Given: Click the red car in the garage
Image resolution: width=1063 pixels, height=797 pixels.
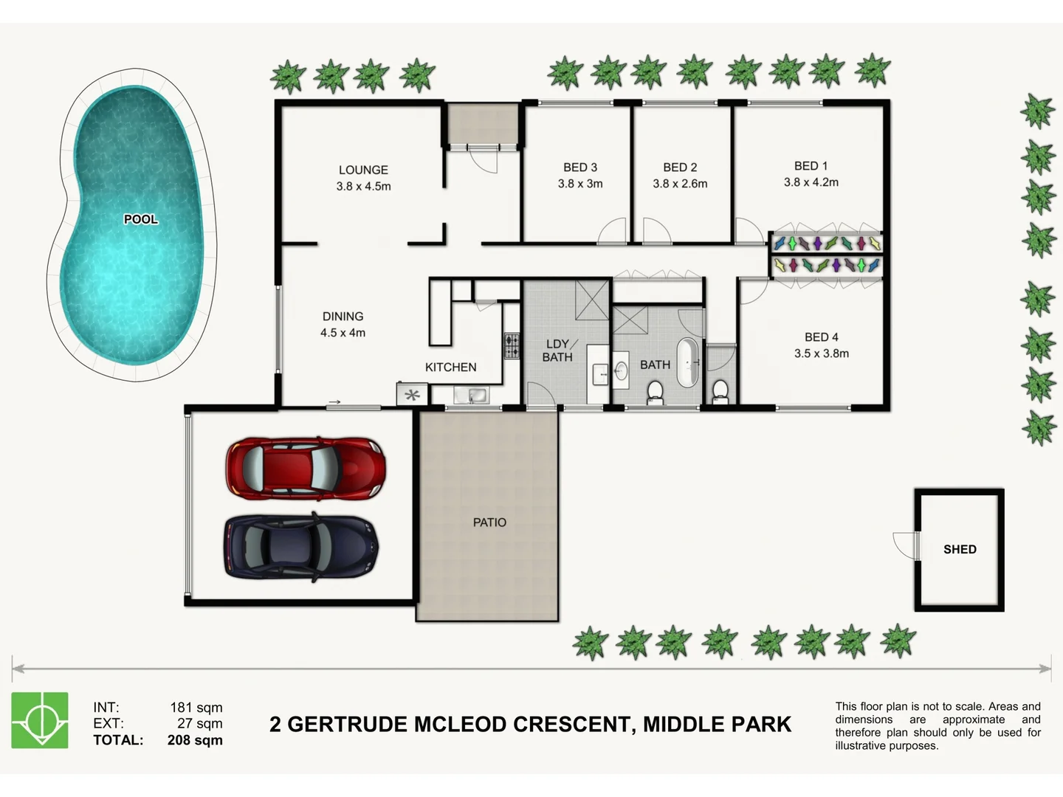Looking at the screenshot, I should point(305,467).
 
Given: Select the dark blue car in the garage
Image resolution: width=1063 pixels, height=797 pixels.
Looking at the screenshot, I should point(301,546).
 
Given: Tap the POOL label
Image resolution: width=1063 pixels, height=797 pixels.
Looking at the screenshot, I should point(140,219).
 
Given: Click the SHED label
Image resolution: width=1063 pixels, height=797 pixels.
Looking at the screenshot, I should point(960,549).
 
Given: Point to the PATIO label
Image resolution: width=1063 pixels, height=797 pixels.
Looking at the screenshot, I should point(489,522).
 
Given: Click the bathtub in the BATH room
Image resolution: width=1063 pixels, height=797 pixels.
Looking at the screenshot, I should point(688,362).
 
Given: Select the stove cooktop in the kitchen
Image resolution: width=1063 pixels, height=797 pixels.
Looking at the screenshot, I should point(512,345).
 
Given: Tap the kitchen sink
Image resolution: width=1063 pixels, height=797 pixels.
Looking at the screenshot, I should point(470,396).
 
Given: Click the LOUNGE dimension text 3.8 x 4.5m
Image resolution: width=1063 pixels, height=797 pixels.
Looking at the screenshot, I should point(363,187).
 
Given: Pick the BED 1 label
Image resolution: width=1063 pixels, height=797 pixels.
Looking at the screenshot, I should point(811,166).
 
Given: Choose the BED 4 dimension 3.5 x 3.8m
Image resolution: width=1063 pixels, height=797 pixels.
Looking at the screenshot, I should point(821,353).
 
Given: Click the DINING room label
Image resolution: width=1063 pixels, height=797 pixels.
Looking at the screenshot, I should point(343,316).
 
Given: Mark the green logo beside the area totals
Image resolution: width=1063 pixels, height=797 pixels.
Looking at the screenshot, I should point(40,720).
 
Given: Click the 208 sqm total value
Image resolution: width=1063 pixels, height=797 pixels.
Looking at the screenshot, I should point(195,740).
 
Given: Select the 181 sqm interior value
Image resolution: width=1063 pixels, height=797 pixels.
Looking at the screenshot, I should point(196,708).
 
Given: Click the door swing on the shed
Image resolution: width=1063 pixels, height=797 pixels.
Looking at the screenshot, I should point(904,545).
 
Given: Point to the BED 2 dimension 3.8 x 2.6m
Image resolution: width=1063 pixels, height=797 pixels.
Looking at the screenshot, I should point(680,184).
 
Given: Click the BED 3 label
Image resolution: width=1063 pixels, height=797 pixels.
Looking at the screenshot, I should point(580,168).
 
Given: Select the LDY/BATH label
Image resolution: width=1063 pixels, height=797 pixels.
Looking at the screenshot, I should point(558,351).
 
